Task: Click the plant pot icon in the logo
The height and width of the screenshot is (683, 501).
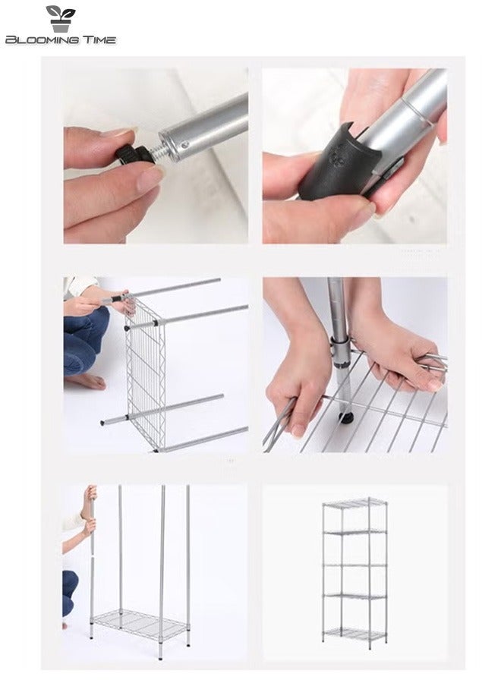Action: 61,17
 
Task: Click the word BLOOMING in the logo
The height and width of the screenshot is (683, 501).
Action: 39,39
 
